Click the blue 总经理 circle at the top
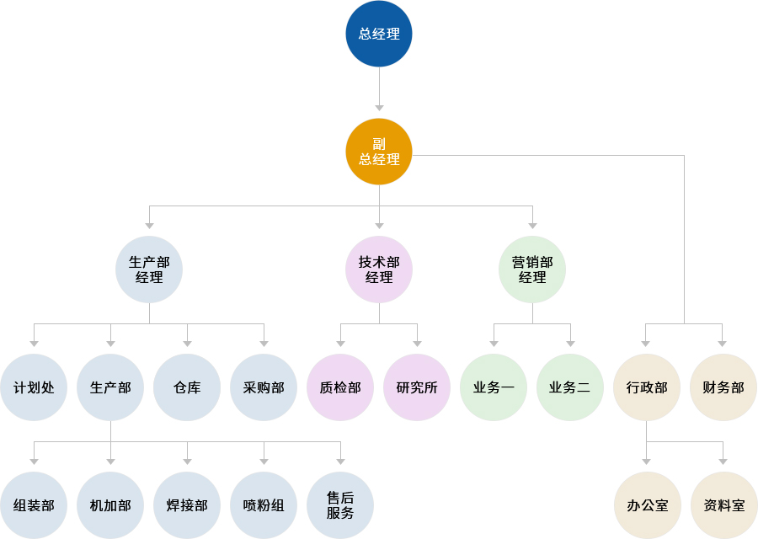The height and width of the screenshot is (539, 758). (x=379, y=34)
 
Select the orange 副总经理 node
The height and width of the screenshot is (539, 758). (x=379, y=152)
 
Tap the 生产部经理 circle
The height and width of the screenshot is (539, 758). (x=149, y=269)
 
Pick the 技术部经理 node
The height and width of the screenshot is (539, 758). (x=379, y=269)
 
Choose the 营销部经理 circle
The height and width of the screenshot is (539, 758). (x=532, y=269)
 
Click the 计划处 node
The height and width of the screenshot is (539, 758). (x=34, y=387)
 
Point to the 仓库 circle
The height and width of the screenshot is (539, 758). (x=187, y=387)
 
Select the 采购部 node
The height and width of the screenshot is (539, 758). (x=264, y=387)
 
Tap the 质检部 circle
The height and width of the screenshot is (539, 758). (x=340, y=387)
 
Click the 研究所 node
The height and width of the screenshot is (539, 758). (x=417, y=387)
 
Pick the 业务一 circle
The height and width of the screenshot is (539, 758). (x=494, y=387)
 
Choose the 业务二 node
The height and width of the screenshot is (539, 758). (x=570, y=387)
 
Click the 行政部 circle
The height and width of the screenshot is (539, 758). (x=647, y=387)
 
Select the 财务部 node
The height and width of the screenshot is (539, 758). (x=723, y=387)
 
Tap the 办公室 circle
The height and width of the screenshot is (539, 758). (x=647, y=505)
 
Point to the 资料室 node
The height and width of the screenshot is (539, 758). (x=723, y=505)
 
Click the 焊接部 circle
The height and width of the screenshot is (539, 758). (x=187, y=505)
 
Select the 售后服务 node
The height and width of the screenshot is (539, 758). (x=340, y=505)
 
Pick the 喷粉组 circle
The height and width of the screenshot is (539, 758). (x=264, y=505)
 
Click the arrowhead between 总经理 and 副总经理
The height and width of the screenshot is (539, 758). (x=379, y=108)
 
